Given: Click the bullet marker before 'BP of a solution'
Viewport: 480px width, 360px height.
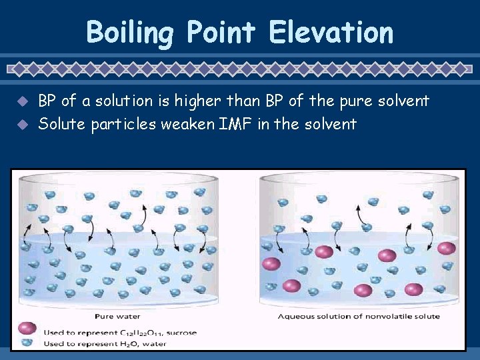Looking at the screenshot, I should coord(23,102).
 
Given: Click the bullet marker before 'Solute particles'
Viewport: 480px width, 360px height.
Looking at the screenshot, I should coord(23,124).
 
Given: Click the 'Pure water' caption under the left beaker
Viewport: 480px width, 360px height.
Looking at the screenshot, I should coord(117,316).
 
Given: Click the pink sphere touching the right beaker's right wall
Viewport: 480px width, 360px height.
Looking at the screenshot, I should coord(447,248).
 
